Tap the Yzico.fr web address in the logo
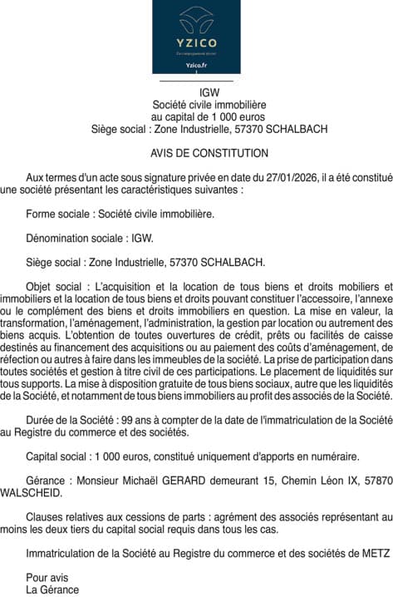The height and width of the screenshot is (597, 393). click(x=196, y=64)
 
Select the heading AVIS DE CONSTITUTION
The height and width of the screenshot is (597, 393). click(x=209, y=153)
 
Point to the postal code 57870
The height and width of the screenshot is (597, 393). click(x=376, y=481)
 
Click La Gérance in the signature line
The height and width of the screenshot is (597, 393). click(x=52, y=590)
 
